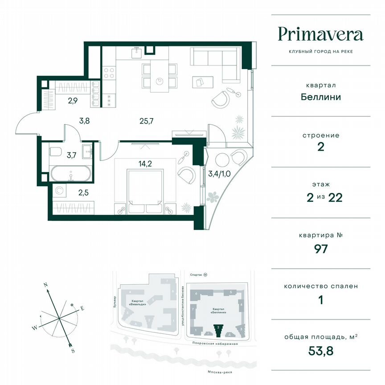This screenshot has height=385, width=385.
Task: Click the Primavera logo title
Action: coord(320,34)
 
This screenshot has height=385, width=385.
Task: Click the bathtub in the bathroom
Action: coord(71,174)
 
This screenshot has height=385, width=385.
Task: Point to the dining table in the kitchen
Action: coord(159,76)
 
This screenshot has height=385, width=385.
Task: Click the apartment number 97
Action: coord(320,249)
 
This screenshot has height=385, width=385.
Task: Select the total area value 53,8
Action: coord(320,350)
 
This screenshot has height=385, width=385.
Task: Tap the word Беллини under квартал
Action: coord(320,97)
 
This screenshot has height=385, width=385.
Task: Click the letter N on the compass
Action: coord(45,283)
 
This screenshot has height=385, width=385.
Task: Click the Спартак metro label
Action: coord(194,275)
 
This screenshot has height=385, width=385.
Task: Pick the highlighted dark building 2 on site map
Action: coord(218,330)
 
